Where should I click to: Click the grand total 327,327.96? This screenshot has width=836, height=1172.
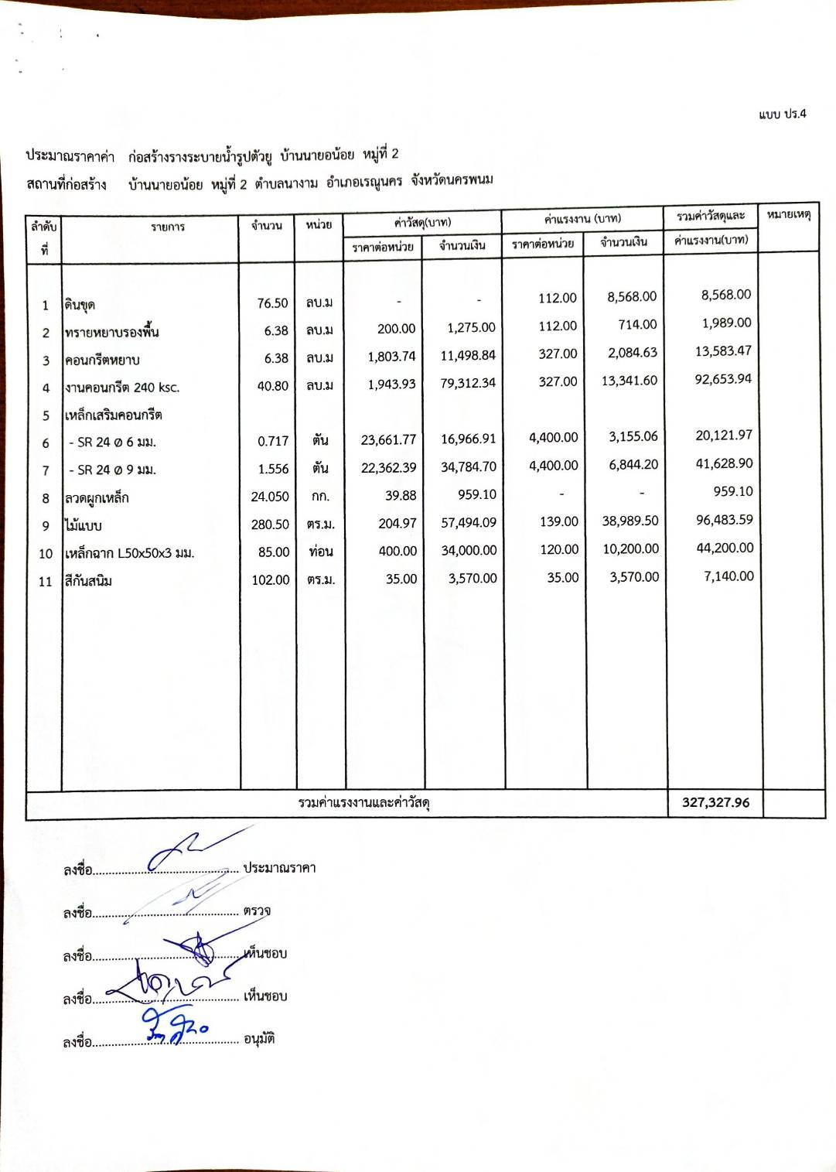point(715,802)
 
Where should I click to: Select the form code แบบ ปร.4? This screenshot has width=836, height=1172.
point(782,114)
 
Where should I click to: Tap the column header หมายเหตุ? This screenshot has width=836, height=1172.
point(788,214)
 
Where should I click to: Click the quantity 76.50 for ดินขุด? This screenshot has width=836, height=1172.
point(272,303)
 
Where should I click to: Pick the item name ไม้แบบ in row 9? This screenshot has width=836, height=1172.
point(84,526)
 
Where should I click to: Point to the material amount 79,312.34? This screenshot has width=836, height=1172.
point(468,383)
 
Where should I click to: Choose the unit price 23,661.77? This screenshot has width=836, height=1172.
point(388,440)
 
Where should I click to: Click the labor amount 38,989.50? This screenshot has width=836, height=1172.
point(630,521)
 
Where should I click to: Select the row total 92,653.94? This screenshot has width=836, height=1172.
point(723,379)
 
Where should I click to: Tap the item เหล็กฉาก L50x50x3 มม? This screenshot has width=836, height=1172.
point(129,553)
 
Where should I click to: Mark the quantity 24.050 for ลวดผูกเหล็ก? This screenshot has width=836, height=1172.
point(270,497)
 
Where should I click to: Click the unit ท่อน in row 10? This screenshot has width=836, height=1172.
point(320,552)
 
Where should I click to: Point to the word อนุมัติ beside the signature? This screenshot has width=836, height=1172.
point(259,1039)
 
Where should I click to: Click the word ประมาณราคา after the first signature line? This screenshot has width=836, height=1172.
point(279,868)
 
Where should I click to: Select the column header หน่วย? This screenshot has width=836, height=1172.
point(319,224)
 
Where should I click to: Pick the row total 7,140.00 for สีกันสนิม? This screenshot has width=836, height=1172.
point(729,576)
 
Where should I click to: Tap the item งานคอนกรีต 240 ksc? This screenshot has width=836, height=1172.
point(122,388)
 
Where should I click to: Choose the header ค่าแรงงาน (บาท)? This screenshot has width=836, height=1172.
point(582,218)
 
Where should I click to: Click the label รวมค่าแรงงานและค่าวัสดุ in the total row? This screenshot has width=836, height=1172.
point(363,803)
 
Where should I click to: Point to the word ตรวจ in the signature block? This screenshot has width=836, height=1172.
point(257,911)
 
